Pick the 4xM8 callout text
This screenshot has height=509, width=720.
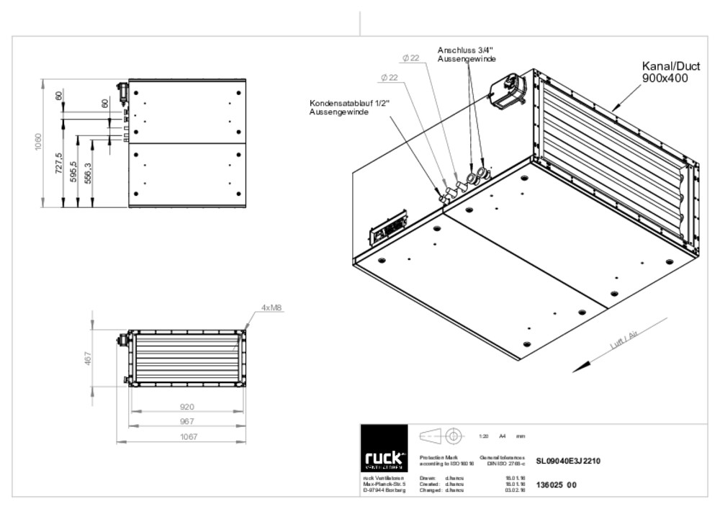tap(271, 307)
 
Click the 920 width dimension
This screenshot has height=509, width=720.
tap(186, 407)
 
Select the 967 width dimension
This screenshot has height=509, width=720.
tap(186, 420)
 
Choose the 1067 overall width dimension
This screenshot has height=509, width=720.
tap(186, 436)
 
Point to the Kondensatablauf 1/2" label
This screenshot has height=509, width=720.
tap(349, 107)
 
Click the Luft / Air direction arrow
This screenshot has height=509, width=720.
tap(605, 354)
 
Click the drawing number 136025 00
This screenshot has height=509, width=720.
tap(557, 485)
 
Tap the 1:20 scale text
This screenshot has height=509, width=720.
tap(484, 436)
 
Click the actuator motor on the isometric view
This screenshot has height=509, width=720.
tap(508, 90)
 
